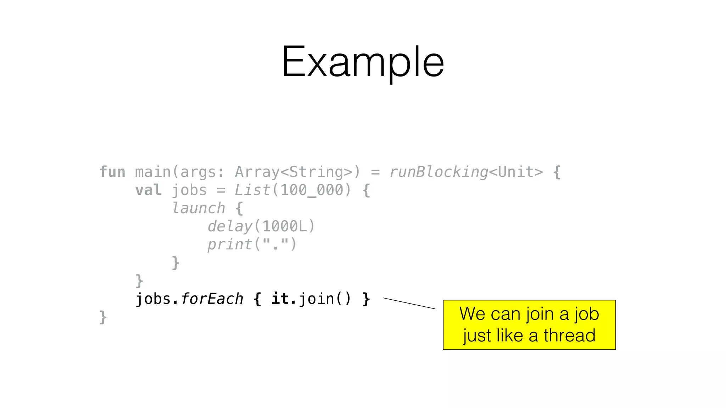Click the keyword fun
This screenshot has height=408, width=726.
[x=112, y=172]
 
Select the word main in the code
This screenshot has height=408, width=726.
[x=153, y=172]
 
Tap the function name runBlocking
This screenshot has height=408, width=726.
[x=439, y=172]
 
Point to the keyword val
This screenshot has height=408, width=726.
[x=148, y=191]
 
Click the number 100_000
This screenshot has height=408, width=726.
[x=312, y=191]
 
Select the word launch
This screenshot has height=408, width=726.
[x=199, y=209]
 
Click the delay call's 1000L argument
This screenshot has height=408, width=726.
[x=285, y=227]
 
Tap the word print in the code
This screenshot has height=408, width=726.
[x=230, y=245]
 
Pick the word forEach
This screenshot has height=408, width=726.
[x=212, y=299]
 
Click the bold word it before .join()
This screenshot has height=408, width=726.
[x=280, y=299]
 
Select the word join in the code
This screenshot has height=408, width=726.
[x=317, y=299]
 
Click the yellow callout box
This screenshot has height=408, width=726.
[x=529, y=325]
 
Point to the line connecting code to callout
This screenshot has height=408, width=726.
[x=409, y=304]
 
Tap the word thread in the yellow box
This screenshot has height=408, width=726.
[x=569, y=335]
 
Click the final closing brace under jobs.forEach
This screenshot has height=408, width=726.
[x=103, y=317]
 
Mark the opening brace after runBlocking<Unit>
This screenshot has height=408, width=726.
[x=557, y=172]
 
